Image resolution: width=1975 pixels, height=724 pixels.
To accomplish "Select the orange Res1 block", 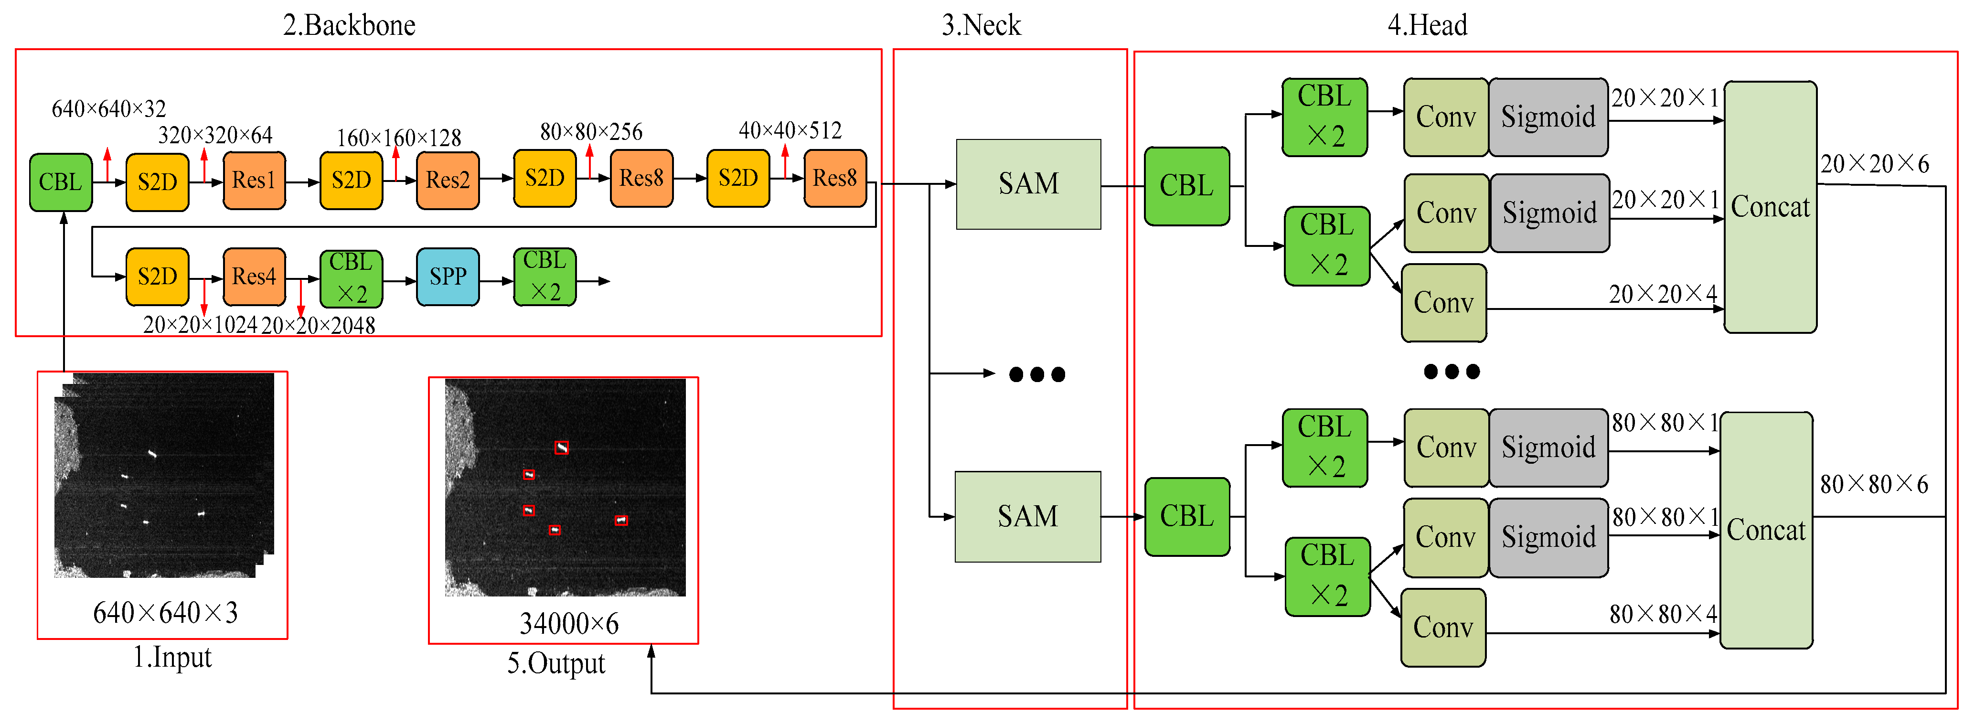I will (x=254, y=180).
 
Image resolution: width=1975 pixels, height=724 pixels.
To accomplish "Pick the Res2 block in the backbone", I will (x=448, y=180).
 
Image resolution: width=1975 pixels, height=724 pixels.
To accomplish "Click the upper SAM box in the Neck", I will (x=1028, y=184).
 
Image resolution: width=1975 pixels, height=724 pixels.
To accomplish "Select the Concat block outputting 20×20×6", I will (x=1770, y=207).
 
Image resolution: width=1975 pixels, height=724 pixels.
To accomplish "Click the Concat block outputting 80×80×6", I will (x=1766, y=531).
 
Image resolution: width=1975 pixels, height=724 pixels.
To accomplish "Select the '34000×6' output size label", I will (x=569, y=624).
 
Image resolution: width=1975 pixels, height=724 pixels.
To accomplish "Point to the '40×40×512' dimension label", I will (x=790, y=130).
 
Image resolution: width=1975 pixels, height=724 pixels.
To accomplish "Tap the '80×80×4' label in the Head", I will (x=1662, y=614).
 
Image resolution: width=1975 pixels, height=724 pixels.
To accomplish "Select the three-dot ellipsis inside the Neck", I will (x=1036, y=374).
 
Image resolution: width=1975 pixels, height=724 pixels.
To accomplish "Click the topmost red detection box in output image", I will (x=561, y=448).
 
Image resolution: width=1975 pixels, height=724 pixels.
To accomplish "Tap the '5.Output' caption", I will (x=556, y=663).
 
